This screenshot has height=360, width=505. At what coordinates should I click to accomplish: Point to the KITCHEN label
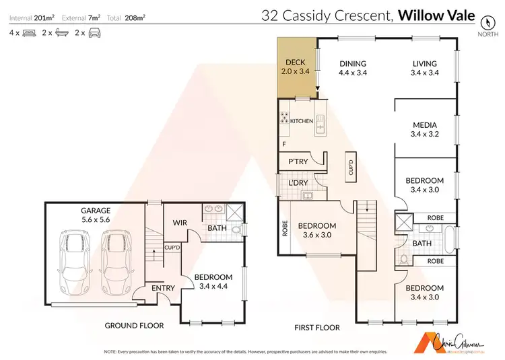[302, 121]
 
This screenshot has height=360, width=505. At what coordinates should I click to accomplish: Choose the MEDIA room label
[426, 124]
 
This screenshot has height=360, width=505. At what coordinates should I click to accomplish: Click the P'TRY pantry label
[298, 162]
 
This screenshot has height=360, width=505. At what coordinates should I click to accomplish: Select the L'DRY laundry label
[298, 183]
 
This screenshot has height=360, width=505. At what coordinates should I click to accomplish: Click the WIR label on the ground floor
[180, 221]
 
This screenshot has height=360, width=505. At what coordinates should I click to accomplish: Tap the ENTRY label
[163, 288]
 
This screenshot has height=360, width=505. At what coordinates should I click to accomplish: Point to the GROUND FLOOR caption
[134, 326]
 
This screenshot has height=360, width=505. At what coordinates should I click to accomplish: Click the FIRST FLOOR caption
[316, 328]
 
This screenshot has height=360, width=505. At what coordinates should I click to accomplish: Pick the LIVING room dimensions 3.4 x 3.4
[426, 73]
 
